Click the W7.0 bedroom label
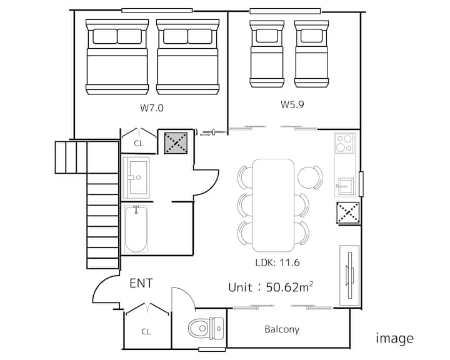(x=152, y=107)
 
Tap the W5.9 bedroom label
(x=292, y=104)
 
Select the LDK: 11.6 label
(x=277, y=262)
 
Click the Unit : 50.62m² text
(x=271, y=287)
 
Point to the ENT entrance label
(x=141, y=283)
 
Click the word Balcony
(x=282, y=329)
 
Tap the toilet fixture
(x=206, y=328)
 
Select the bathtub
(x=136, y=229)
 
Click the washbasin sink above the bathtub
(x=136, y=177)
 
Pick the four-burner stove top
(x=344, y=143)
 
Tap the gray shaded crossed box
(x=176, y=142)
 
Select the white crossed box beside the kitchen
(x=348, y=212)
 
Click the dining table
(x=273, y=205)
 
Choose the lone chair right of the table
(x=310, y=177)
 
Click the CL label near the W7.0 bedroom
(x=139, y=143)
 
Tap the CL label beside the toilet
(x=146, y=332)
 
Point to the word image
(x=394, y=339)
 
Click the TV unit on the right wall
(x=349, y=275)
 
